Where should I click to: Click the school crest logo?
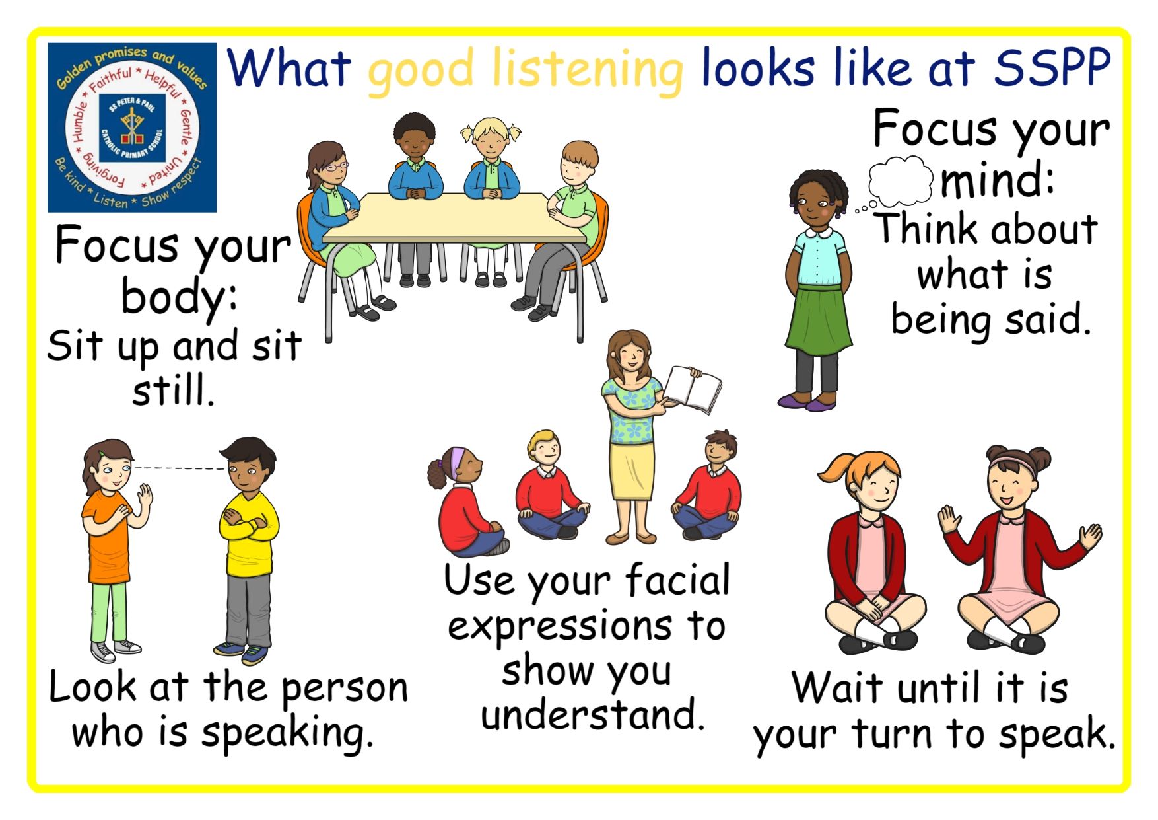tap(132, 128)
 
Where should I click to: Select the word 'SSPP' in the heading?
tap(1052, 67)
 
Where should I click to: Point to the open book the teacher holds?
tap(693, 389)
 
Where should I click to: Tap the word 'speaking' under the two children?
tap(288, 733)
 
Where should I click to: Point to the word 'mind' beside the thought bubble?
tap(996, 180)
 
